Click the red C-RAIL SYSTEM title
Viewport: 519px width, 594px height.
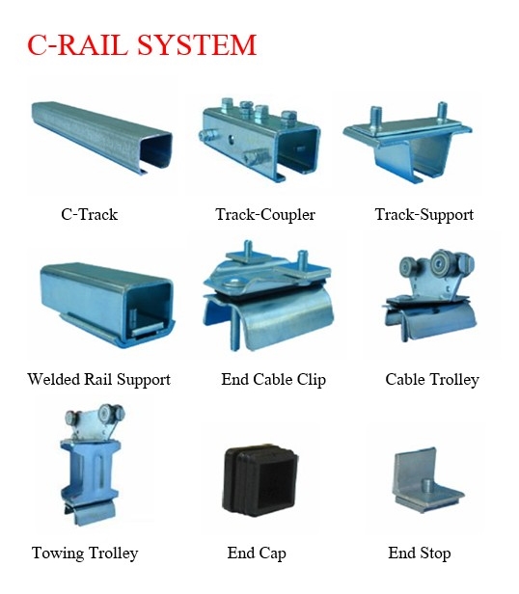[142, 45]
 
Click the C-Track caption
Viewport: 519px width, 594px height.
[90, 214]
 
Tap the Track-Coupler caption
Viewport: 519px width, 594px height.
[265, 214]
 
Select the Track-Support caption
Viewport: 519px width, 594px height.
[424, 214]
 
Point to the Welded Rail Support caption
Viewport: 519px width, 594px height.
[99, 379]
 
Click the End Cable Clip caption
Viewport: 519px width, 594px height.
[273, 379]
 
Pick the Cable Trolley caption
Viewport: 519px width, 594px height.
[432, 379]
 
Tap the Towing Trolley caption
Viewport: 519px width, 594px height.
[85, 553]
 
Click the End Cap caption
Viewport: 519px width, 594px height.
[257, 553]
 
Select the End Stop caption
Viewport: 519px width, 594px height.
[420, 553]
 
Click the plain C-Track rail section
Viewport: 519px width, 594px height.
[101, 137]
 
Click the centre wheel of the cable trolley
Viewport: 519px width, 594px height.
[440, 261]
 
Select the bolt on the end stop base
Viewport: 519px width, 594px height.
[427, 486]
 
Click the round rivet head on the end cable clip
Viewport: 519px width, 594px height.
[232, 283]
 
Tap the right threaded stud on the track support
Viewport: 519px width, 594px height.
[442, 112]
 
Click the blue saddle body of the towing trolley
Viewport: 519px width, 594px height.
[91, 470]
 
